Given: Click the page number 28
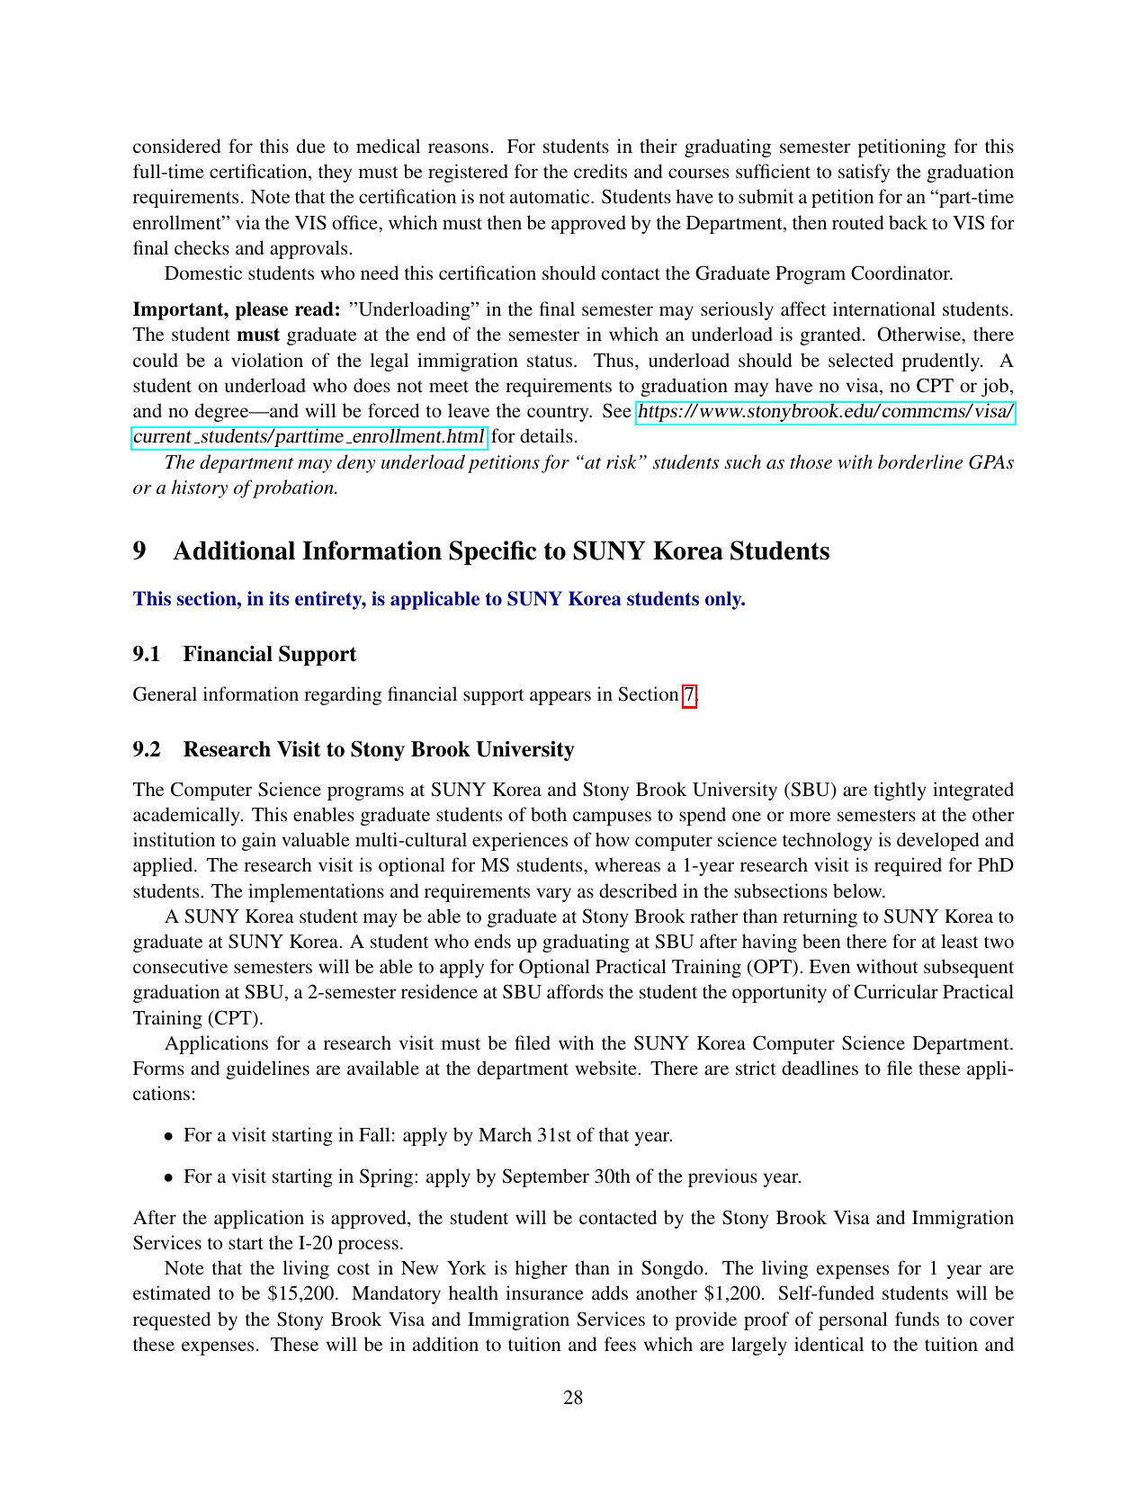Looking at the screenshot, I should (x=573, y=1397).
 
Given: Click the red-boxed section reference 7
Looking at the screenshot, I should (x=689, y=694).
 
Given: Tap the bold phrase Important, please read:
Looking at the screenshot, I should (x=237, y=309).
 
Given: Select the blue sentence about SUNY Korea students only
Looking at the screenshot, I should (x=439, y=599).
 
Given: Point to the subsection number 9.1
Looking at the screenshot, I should (x=147, y=654).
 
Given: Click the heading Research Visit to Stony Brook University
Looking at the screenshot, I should (x=379, y=749).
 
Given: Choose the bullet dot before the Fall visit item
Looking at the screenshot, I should (x=168, y=1136).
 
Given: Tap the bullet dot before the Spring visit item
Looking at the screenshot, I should (x=168, y=1177).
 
